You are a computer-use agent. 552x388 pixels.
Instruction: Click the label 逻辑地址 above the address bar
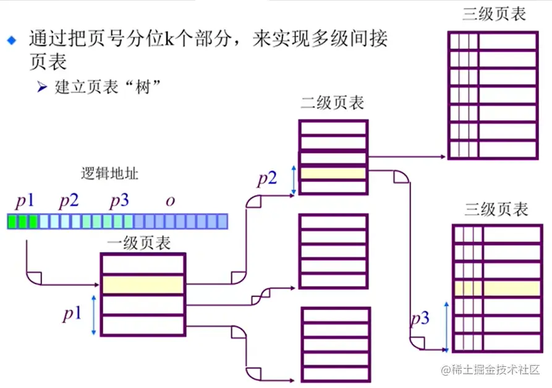[x=109, y=174]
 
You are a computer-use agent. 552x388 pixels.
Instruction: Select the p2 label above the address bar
[x=69, y=202]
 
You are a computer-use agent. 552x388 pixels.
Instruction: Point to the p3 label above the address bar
[x=119, y=202]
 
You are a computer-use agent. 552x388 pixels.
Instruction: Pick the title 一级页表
[x=140, y=243]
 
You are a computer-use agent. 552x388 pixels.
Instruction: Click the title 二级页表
[x=333, y=103]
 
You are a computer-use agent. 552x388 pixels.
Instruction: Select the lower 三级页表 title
[x=496, y=209]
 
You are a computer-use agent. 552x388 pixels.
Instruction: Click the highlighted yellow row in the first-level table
[x=143, y=285]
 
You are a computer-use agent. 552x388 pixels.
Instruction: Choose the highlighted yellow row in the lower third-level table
[x=496, y=288]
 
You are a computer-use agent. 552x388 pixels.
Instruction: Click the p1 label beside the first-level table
[x=72, y=314]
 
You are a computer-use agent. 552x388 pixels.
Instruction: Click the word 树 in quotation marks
[x=146, y=87]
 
